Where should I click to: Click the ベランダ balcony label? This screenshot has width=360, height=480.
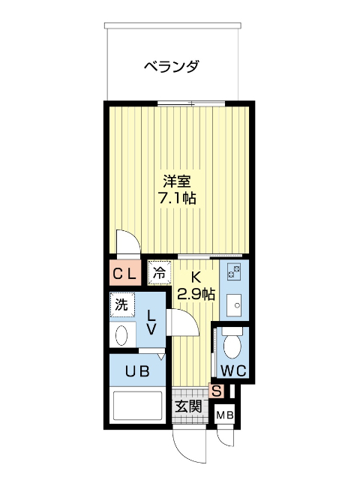click(172, 67)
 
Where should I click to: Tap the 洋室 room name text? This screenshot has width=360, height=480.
click(178, 181)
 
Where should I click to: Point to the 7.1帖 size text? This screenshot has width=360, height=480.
click(178, 199)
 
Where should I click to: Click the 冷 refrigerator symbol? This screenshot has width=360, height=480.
click(159, 274)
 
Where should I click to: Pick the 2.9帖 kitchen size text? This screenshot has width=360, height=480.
click(196, 293)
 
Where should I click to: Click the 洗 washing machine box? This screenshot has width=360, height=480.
click(120, 305)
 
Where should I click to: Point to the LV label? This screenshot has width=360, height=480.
click(151, 322)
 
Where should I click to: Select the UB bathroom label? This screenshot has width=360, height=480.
click(137, 370)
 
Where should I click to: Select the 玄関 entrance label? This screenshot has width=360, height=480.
click(187, 407)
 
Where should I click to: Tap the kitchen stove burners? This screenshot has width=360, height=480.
click(232, 272)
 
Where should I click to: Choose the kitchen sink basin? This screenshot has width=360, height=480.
click(232, 304)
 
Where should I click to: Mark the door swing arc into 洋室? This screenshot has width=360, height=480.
click(128, 241)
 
